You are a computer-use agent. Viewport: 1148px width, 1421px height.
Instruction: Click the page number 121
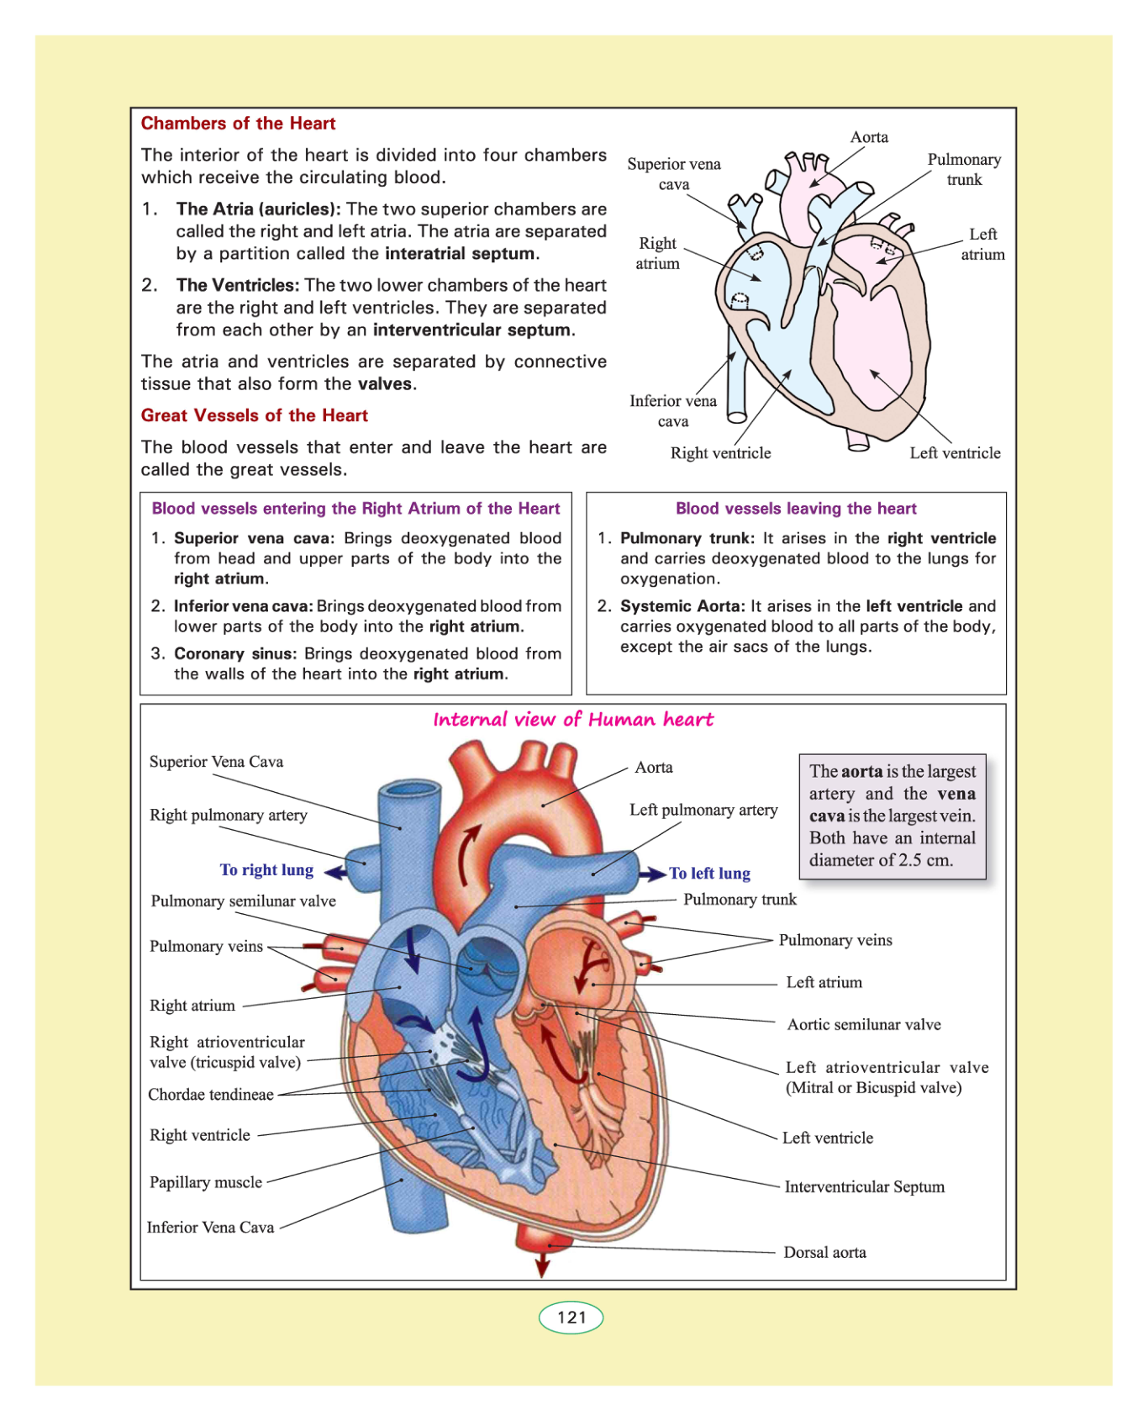[571, 1317]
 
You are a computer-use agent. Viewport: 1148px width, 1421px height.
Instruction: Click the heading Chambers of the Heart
[238, 124]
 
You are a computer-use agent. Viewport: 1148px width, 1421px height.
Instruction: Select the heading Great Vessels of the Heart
[254, 415]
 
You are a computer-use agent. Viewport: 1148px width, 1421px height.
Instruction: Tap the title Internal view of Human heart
[573, 720]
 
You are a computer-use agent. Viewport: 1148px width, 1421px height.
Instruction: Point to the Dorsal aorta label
[824, 1252]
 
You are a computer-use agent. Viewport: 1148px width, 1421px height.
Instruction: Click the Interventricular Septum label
[864, 1186]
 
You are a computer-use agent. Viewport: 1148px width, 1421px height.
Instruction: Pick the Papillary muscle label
[206, 1182]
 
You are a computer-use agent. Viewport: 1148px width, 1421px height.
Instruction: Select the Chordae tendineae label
[211, 1094]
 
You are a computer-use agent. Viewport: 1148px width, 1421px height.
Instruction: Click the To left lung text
[709, 874]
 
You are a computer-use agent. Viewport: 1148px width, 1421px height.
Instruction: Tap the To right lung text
[266, 870]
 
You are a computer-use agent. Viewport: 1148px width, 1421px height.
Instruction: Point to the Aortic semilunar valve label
[863, 1024]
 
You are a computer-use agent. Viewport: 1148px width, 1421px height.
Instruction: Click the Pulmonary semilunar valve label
[243, 901]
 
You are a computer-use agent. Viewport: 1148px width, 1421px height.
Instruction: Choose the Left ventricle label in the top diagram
[955, 453]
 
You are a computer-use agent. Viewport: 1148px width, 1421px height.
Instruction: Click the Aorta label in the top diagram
[869, 137]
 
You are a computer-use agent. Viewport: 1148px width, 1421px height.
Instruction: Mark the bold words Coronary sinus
[235, 653]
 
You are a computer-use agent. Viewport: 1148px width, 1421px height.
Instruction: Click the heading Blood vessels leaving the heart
[796, 509]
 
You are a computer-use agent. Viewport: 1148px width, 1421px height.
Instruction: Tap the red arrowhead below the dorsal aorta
[542, 1267]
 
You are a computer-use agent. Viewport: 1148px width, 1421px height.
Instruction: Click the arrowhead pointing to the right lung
[334, 873]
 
